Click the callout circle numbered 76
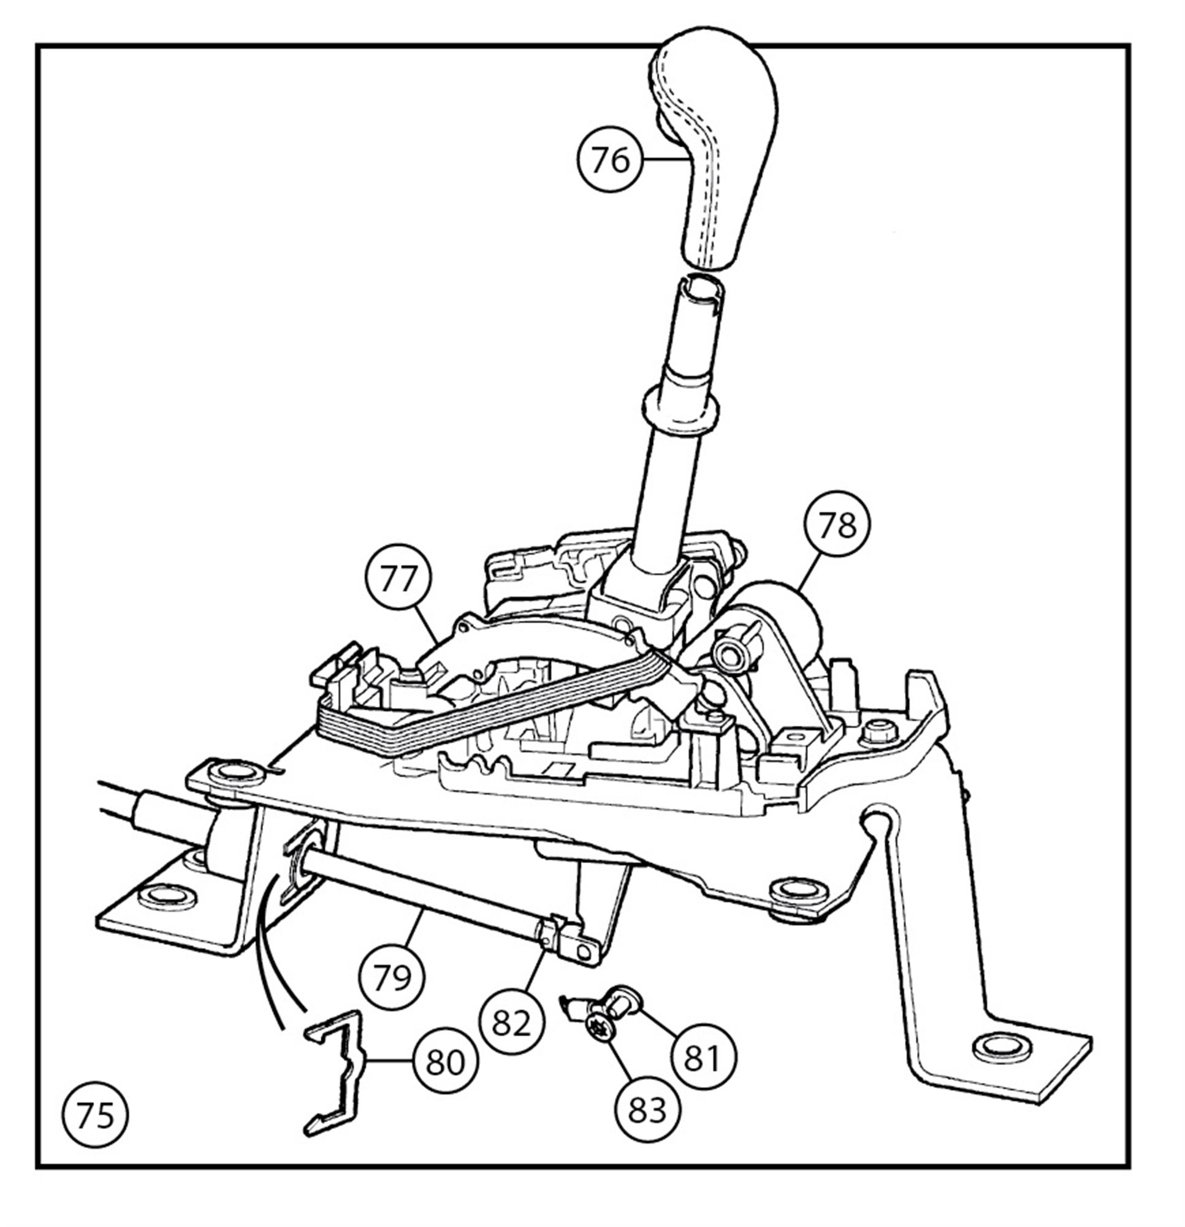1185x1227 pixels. (609, 160)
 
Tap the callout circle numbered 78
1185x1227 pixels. (838, 524)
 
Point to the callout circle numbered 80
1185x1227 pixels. (446, 1061)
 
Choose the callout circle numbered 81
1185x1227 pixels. (703, 1056)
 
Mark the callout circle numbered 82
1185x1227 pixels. (511, 1023)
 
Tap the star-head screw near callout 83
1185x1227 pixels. (600, 1039)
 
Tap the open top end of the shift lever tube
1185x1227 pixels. (702, 288)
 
